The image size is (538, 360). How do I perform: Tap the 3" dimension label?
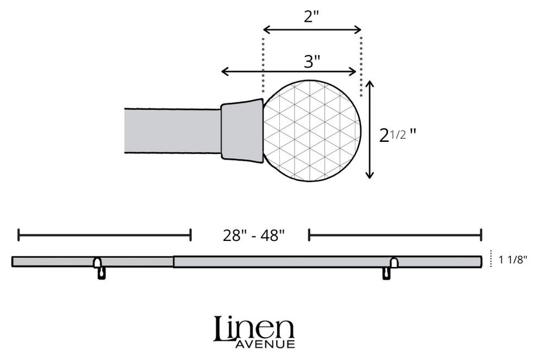(x=312, y=62)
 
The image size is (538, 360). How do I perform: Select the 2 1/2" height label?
(x=397, y=135)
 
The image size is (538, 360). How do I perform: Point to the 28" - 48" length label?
(x=254, y=235)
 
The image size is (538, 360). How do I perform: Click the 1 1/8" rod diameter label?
(x=512, y=260)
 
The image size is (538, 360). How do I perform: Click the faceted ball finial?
(x=312, y=131)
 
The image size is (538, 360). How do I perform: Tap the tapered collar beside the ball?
(x=242, y=131)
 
